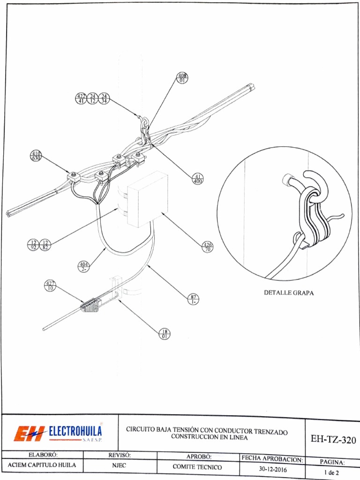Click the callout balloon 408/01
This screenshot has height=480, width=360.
coord(183,78)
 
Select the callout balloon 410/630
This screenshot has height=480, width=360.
coord(36,156)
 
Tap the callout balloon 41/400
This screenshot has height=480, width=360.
coord(198,179)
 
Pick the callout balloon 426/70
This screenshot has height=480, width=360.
coord(207,247)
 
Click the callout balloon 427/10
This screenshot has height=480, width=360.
coord(50,286)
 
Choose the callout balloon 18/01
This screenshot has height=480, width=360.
coord(165,334)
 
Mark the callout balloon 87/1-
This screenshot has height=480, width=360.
coord(193,299)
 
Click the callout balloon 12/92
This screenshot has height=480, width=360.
coord(33,244)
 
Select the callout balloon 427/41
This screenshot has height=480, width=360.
coord(81,98)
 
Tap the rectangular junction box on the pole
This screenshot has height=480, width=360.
coord(147,199)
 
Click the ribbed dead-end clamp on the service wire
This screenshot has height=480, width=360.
coord(91,305)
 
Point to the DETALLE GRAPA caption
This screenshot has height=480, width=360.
coord(289,293)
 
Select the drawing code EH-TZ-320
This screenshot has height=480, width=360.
coord(333,440)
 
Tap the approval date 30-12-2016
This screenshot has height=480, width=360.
coord(274,468)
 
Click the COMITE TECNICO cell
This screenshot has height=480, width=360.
coord(197,467)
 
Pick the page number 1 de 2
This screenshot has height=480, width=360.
coord(331,472)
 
